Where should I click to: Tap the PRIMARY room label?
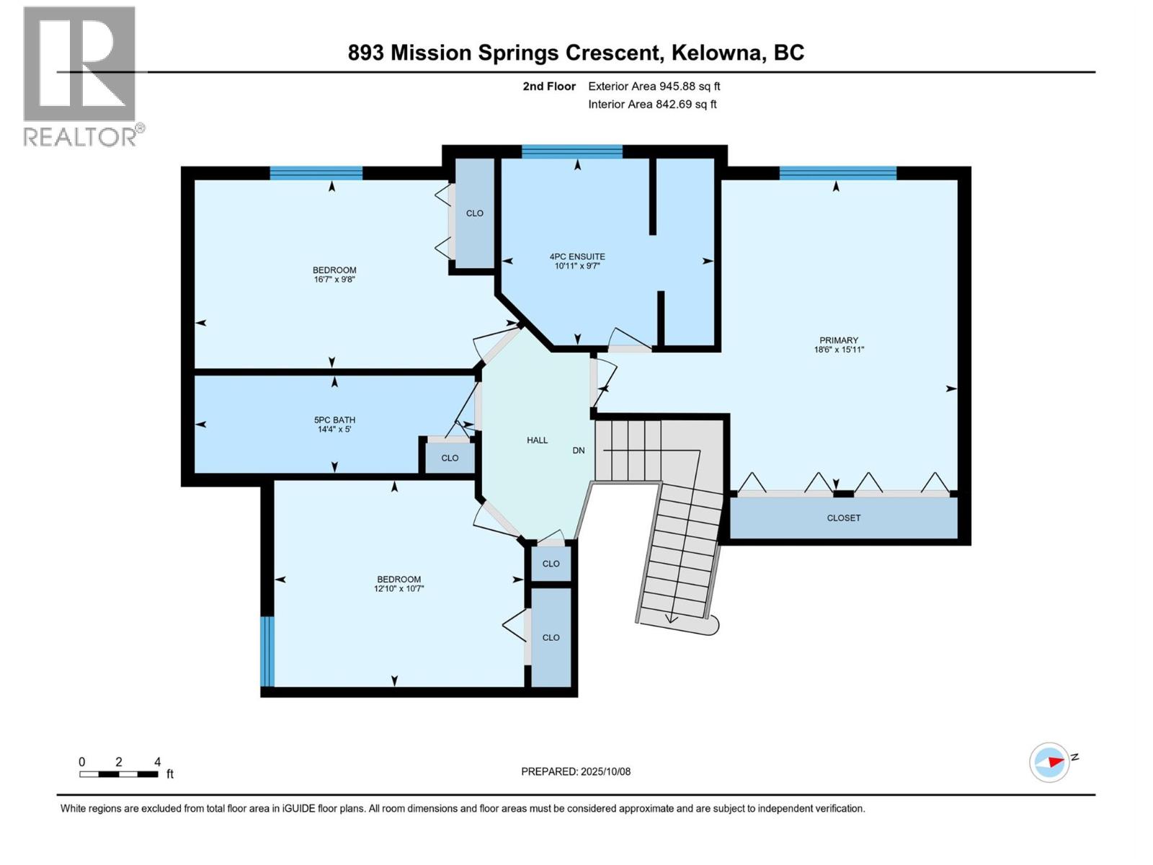(x=839, y=340)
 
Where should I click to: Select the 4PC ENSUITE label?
(x=577, y=257)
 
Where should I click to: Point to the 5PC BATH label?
(x=334, y=420)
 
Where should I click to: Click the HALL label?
(x=538, y=440)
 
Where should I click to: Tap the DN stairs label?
(x=579, y=451)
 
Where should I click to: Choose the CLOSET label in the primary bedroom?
(x=844, y=518)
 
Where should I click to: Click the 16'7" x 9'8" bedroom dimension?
(x=334, y=280)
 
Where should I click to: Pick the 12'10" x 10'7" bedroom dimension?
(x=399, y=589)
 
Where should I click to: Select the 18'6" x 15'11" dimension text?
(x=839, y=350)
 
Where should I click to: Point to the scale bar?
(x=119, y=774)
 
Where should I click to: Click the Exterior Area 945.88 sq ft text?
(x=654, y=86)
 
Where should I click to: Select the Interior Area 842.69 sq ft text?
(x=652, y=104)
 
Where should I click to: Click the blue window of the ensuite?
(x=572, y=152)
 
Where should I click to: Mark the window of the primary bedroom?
(x=838, y=173)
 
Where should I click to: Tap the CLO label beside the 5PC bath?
(x=450, y=458)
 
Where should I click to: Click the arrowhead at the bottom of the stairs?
(x=671, y=618)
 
